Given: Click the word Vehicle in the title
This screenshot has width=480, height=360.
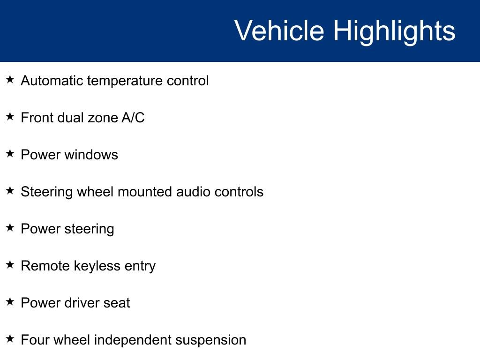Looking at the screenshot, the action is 279,30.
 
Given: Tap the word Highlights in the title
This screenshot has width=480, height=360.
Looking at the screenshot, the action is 394,32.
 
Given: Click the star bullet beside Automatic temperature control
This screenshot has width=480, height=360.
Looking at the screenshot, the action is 10,80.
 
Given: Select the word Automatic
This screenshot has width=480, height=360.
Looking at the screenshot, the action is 52,81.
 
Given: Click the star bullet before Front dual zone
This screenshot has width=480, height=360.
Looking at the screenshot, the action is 10,117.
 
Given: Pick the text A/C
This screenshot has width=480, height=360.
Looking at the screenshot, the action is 133,118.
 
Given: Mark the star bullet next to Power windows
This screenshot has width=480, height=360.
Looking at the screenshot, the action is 10,154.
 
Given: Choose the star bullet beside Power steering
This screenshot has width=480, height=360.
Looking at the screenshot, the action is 10,228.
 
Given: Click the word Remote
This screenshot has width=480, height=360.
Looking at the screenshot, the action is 45,266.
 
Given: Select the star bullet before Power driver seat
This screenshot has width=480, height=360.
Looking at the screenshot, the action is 10,302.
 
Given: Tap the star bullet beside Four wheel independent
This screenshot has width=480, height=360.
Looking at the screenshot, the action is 10,339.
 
